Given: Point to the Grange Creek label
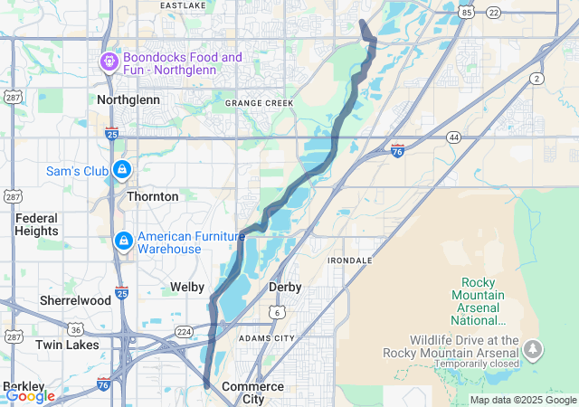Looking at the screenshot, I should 260,103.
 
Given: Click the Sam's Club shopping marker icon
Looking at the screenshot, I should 121,169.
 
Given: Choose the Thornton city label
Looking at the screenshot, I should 152,195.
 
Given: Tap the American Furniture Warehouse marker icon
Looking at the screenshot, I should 123,241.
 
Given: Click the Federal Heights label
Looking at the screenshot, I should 36,224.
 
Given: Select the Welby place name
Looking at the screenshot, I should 187,287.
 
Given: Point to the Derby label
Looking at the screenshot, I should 285,287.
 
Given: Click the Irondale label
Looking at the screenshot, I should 349,260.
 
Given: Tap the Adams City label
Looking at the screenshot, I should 266,337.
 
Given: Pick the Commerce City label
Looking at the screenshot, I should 252,393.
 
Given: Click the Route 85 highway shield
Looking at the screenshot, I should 466,12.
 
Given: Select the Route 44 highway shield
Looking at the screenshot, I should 453,137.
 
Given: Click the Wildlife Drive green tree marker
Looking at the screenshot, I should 534,348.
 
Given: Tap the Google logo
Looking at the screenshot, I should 30,395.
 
